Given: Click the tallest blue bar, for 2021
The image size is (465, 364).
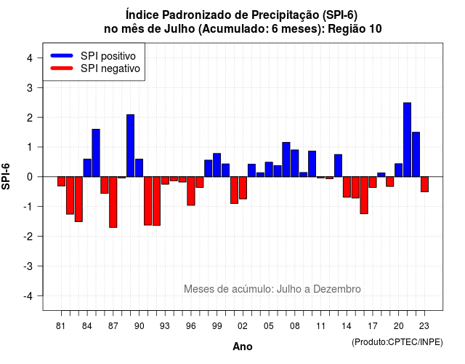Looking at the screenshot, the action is pos(407,140).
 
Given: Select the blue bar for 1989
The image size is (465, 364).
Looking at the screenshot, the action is pos(131,146).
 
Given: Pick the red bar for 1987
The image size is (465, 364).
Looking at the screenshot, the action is pos(113,202).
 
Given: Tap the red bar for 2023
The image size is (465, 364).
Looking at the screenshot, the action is pos(424,184).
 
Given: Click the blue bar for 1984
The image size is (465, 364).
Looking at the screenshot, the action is pos(87,168).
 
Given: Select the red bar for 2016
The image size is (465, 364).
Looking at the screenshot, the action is pos(364,195).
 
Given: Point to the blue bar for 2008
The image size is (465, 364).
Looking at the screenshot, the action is pos(295,163).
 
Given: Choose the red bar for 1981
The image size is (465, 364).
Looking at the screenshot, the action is pos(61,181).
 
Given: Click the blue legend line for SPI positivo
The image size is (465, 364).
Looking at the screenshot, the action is pos(62,55).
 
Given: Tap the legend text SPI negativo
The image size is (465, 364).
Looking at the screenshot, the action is pos(110,68).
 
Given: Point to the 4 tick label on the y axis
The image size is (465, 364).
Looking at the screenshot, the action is pos(30,58).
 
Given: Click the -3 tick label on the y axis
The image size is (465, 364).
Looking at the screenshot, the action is pos(28,266).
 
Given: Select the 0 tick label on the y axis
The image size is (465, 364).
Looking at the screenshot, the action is pos(30,177).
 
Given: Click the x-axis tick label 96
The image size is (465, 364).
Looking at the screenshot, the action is pos(191,326).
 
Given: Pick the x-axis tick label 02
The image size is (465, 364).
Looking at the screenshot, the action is pos(243,326).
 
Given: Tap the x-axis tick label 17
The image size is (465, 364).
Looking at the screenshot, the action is pos(373,326).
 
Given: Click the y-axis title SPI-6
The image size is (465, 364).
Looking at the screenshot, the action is pos(6,176).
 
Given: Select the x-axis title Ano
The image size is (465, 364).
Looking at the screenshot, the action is pos(243,347).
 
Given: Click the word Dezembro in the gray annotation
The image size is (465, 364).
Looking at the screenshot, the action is pos(337,289).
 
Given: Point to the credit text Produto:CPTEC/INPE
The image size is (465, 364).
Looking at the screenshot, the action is pos(397,342).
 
